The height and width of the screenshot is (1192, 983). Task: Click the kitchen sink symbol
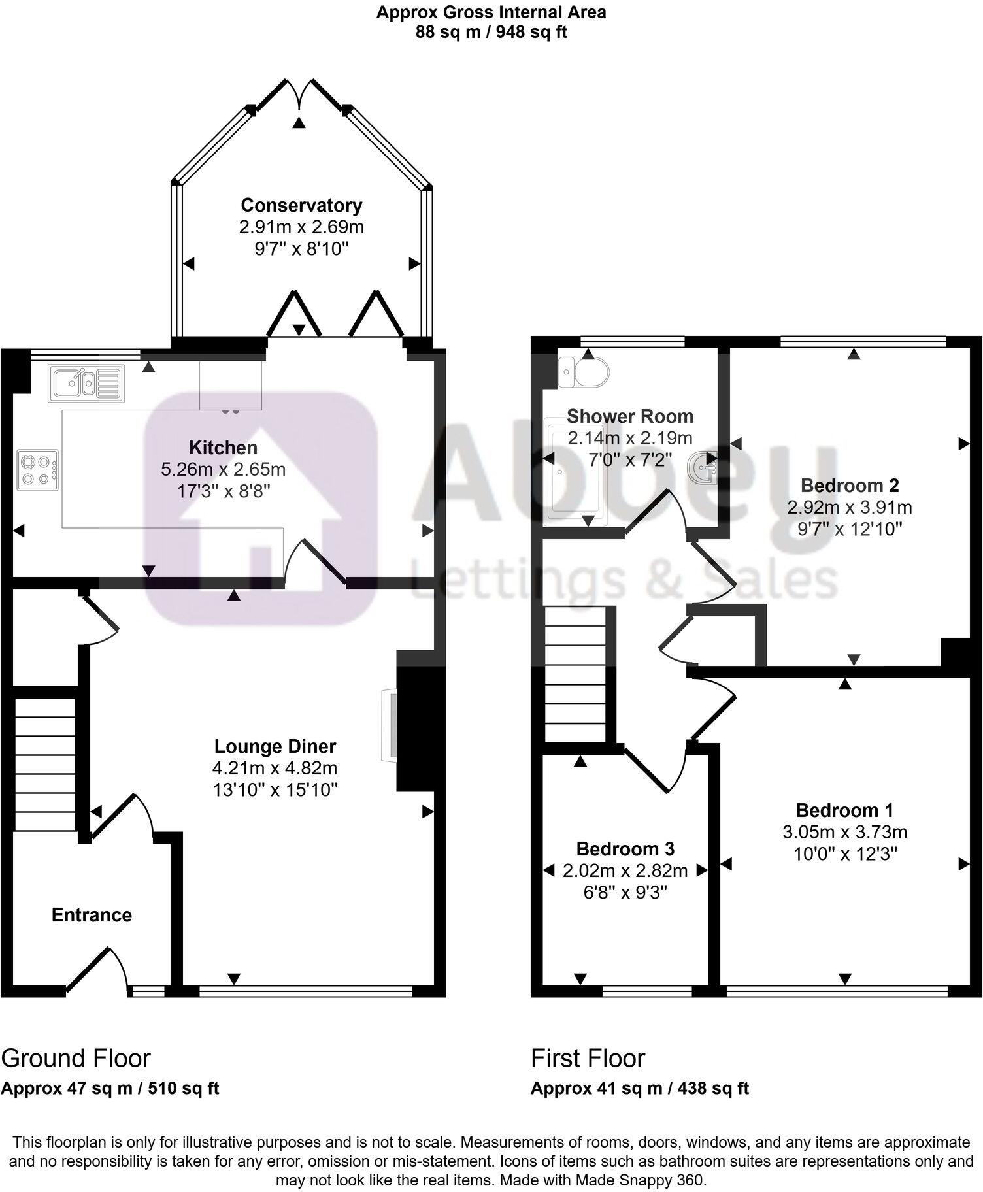[x=86, y=383]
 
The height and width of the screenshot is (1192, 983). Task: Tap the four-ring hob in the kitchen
[x=38, y=470]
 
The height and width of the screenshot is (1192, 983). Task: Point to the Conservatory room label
[x=301, y=205]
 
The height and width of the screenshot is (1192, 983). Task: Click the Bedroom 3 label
[x=625, y=849]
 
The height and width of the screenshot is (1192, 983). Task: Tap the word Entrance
[x=92, y=915]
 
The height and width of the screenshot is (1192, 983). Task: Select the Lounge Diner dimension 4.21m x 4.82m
[x=275, y=768]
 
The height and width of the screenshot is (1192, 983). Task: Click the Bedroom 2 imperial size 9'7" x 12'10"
[x=850, y=529]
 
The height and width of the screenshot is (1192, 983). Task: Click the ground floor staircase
[x=44, y=765]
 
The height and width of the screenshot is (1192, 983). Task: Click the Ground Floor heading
[x=76, y=1058]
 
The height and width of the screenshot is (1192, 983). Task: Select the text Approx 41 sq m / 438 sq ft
[x=639, y=1088]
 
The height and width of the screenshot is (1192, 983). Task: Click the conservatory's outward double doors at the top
[x=299, y=97]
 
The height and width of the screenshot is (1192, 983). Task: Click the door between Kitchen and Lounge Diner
[x=314, y=561]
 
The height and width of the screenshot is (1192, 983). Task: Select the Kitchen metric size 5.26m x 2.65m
[x=223, y=469]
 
